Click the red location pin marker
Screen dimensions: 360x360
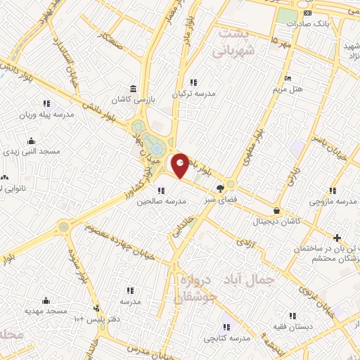[x=181, y=165]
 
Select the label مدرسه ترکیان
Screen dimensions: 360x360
[x=193, y=94]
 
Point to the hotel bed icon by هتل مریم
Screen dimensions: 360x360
[x=288, y=77]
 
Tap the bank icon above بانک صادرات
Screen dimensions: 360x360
[x=307, y=13]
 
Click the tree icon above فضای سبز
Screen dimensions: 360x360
[x=220, y=188]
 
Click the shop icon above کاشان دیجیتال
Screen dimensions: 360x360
[x=276, y=210]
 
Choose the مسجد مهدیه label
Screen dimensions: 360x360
[x=46, y=310]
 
